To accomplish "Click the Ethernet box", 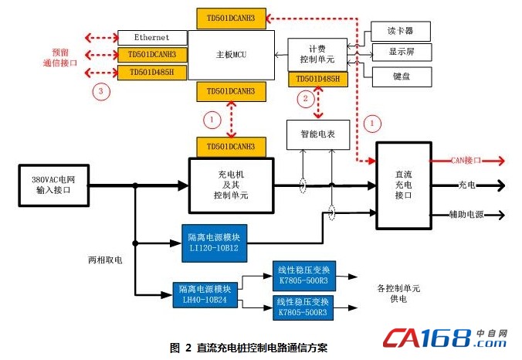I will (x=152, y=37).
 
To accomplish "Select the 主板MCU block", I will (x=232, y=55).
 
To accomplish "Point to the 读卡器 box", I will (x=399, y=31).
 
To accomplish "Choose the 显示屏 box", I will (x=399, y=53).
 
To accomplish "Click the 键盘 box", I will (x=399, y=76).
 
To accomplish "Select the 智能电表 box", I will (x=318, y=134).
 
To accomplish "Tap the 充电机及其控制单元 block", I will (x=231, y=184).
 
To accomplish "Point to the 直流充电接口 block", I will (x=402, y=185).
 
